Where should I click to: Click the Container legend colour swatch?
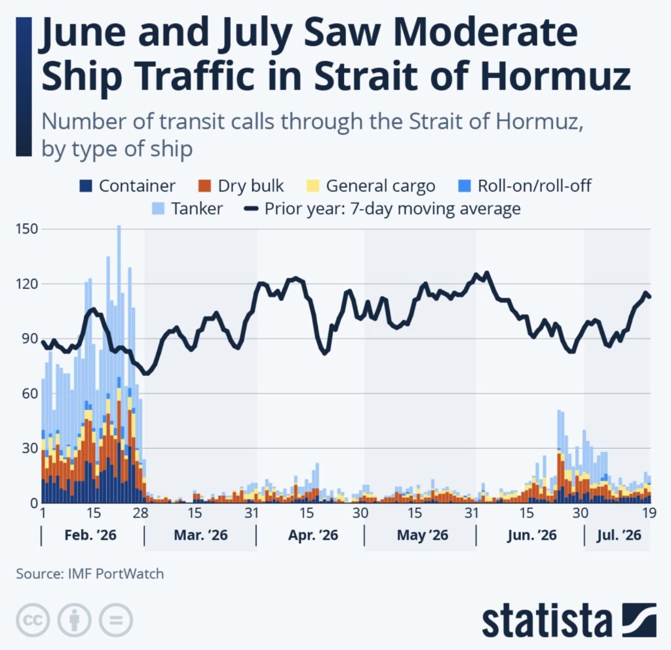[86, 186]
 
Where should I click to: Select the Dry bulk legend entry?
[241, 186]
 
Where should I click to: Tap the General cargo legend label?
[381, 186]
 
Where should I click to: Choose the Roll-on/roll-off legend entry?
[525, 186]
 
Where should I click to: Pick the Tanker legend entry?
[187, 209]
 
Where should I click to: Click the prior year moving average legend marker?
[251, 209]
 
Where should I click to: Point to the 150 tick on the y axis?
[27, 229]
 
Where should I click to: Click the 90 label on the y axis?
[30, 338]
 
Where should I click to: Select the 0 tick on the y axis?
[34, 502]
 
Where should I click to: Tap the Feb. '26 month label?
[90, 535]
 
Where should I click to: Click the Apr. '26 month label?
[313, 535]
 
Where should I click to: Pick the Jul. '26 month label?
[619, 535]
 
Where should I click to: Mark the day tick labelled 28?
[140, 513]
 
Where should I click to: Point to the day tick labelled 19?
[649, 513]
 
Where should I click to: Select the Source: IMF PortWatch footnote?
[90, 574]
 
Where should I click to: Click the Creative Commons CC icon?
[33, 620]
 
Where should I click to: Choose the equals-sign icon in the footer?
[115, 620]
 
